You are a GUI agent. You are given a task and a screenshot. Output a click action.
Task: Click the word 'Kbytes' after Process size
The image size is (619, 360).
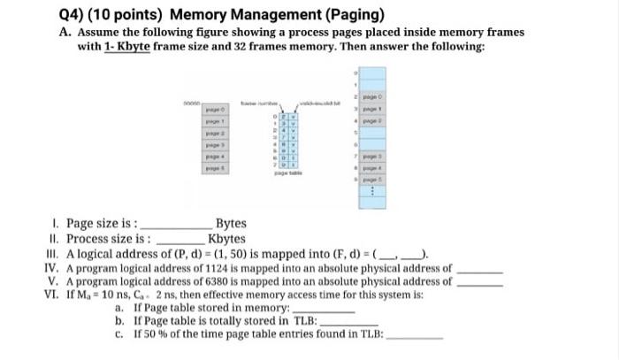click(226, 239)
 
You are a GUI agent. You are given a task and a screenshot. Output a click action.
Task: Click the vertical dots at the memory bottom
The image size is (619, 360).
click(371, 191)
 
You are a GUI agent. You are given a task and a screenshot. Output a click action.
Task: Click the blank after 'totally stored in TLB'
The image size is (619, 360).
click(347, 323)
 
